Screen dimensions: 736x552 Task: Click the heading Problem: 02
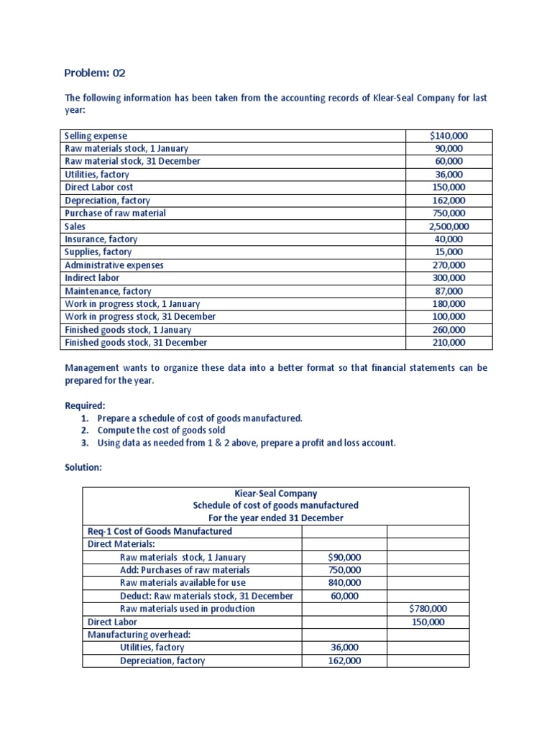[x=94, y=73]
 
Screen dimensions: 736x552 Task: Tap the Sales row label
[x=75, y=226]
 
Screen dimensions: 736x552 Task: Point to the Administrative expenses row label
[x=114, y=265]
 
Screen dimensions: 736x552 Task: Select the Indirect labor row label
[x=92, y=278]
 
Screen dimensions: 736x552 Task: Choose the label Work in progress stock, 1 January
[x=132, y=304]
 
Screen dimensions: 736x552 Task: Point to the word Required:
[x=85, y=405]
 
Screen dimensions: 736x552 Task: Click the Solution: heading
[x=83, y=467]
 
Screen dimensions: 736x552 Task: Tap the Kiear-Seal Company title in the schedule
[x=275, y=494]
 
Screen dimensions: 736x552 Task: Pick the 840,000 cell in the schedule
[x=344, y=583]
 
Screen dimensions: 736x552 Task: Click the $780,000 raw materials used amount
[x=428, y=609]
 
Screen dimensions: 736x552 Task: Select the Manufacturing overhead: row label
[x=133, y=635]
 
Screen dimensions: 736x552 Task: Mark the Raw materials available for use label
[x=185, y=583]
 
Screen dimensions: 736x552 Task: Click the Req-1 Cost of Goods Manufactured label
[x=160, y=531]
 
